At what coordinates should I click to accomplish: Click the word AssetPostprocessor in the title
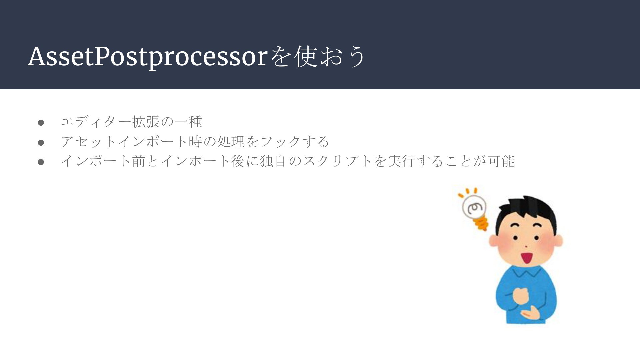(147, 57)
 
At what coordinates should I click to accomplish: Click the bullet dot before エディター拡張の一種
(41, 123)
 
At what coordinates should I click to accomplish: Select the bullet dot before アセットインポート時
(41, 143)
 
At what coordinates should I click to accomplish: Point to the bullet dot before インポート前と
(41, 162)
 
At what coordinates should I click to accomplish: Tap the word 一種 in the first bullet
(188, 122)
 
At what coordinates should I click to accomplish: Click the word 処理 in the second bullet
(231, 142)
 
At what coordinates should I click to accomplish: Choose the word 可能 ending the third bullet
(501, 161)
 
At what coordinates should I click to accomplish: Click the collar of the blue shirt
(526, 272)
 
